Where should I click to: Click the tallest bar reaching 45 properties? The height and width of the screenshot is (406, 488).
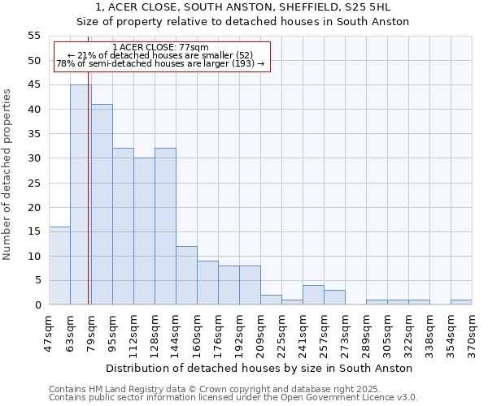(81, 195)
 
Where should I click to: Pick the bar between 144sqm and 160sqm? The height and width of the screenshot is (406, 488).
(186, 275)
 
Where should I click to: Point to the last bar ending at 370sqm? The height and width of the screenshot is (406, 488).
(461, 302)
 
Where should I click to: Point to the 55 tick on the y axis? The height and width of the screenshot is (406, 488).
(34, 36)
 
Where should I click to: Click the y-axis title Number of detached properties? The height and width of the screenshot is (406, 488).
(7, 174)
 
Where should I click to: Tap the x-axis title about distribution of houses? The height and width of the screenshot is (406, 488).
(259, 369)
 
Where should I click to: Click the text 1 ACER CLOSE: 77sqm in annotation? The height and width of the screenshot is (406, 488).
(161, 47)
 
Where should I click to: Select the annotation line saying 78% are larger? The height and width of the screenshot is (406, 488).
(161, 63)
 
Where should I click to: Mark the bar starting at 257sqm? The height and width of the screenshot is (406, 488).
(334, 297)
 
